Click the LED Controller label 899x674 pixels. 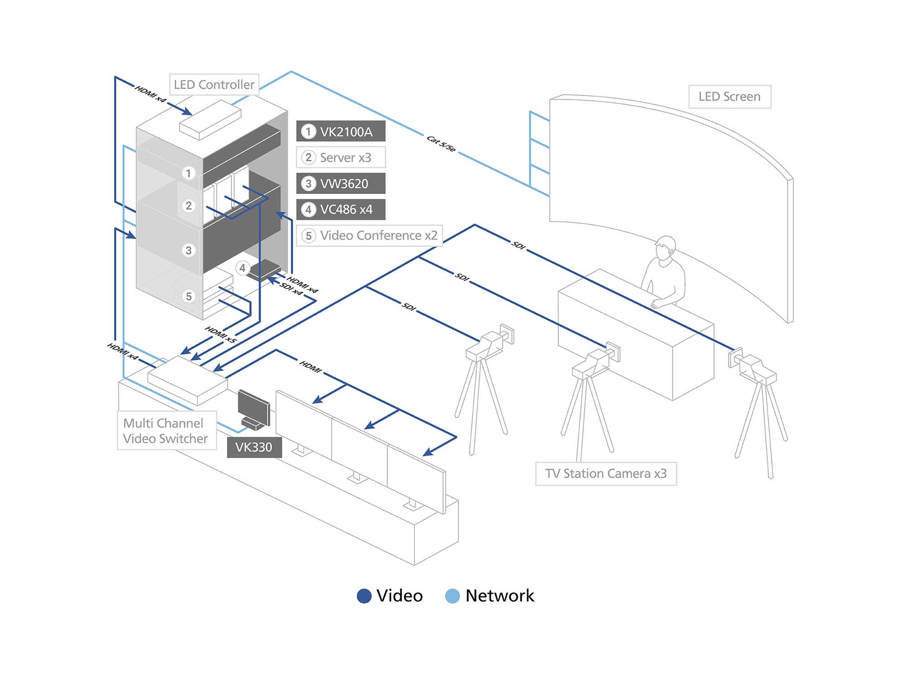click(214, 84)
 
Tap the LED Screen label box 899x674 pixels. click(730, 97)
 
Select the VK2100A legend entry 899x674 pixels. click(341, 132)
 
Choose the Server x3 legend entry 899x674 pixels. click(341, 158)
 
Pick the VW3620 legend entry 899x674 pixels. click(341, 184)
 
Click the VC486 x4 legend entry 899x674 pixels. click(341, 209)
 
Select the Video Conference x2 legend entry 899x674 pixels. click(369, 235)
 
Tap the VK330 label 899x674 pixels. click(254, 448)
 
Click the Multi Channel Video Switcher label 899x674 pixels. click(166, 430)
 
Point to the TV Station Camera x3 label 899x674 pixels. click(606, 474)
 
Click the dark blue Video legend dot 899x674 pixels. click(364, 596)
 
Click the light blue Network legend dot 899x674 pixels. click(452, 596)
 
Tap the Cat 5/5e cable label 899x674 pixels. click(441, 143)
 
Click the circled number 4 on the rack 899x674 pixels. click(243, 268)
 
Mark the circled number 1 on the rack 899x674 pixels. click(189, 173)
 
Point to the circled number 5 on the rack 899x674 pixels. click(189, 297)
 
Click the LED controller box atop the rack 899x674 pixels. click(210, 120)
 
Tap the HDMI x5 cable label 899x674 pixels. click(221, 335)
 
